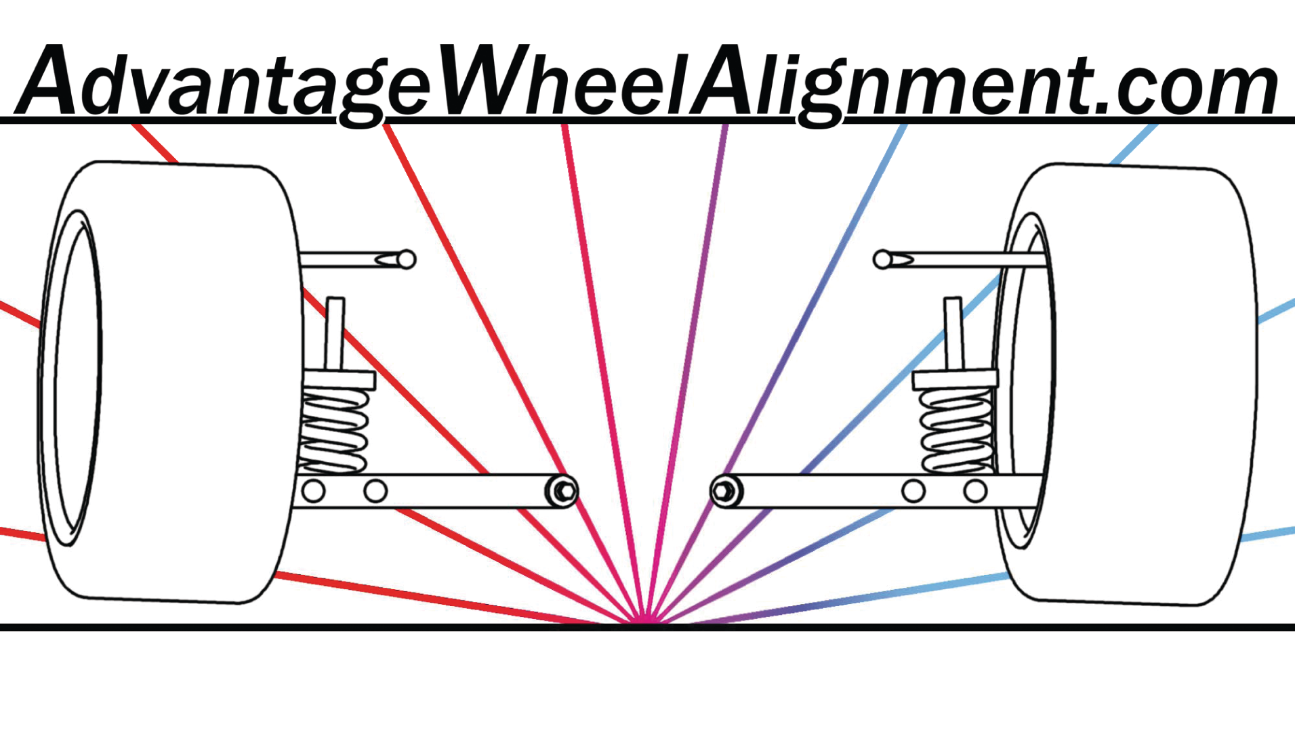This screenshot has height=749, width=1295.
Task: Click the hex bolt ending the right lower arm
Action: [x=724, y=490]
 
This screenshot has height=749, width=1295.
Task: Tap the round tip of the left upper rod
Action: [x=406, y=259]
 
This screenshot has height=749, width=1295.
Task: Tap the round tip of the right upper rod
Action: [x=882, y=259]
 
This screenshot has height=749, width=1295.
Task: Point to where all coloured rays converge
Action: [x=646, y=620]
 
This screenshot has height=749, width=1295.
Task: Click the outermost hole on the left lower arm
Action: [x=313, y=490]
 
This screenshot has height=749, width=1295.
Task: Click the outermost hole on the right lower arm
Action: [x=975, y=490]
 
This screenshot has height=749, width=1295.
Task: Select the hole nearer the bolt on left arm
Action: [x=375, y=490]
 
